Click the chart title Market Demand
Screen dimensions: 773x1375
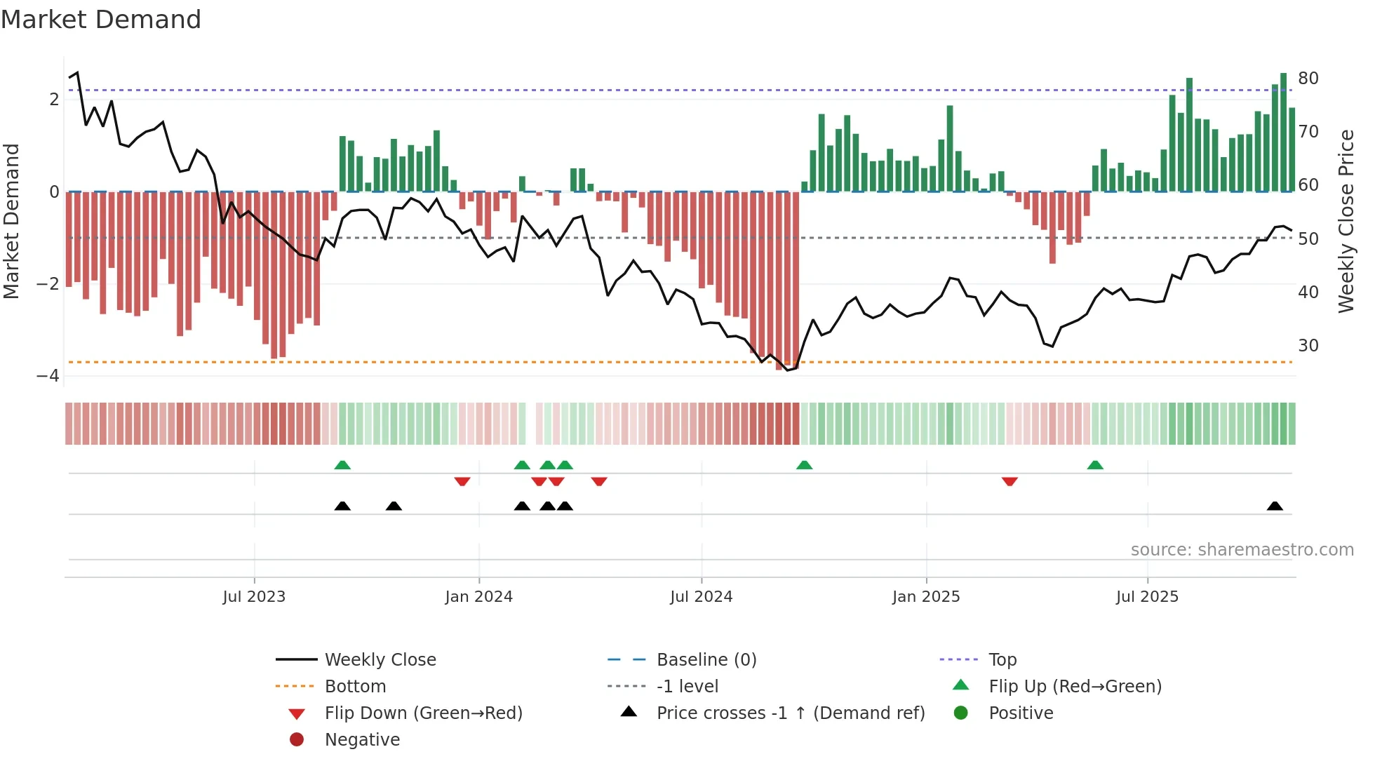(101, 20)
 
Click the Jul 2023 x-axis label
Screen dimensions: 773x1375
(254, 597)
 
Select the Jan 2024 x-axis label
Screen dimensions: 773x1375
(478, 597)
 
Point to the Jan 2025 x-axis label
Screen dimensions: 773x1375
(926, 597)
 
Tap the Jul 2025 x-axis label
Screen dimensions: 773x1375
(1147, 597)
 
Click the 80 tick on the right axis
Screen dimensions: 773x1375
(1308, 78)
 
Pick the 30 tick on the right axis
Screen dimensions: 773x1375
(1308, 345)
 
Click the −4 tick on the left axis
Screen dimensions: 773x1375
(48, 376)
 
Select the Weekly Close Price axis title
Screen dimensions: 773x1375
(1346, 221)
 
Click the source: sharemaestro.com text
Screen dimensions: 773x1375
(1242, 550)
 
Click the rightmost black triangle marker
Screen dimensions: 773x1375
(1275, 506)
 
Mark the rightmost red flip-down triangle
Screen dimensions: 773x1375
(1010, 481)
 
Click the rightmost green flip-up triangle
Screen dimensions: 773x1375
(1095, 465)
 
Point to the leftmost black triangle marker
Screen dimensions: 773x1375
(342, 506)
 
